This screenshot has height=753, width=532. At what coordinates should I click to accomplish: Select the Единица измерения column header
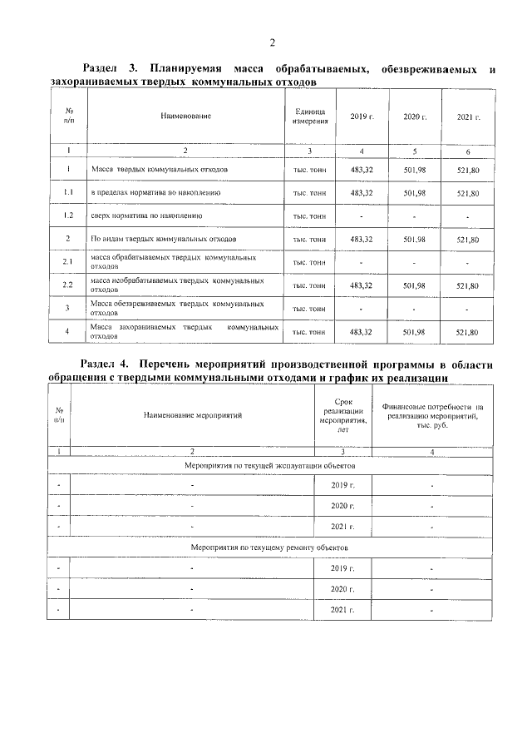[309, 116]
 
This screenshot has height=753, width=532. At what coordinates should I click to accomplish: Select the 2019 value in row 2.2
[362, 285]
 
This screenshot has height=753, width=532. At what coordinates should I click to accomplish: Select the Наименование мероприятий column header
[192, 414]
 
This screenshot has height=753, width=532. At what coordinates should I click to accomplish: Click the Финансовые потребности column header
[432, 414]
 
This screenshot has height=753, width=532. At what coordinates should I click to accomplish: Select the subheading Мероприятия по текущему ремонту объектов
[266, 547]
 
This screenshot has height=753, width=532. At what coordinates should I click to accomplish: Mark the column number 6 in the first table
[468, 151]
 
